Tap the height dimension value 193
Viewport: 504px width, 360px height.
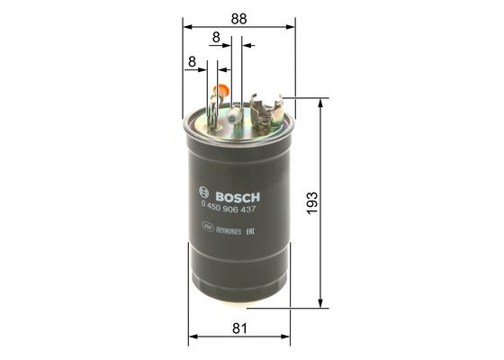tap(335, 203)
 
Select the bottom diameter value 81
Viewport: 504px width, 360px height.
tap(239, 329)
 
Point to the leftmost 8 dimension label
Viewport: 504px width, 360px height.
tap(192, 61)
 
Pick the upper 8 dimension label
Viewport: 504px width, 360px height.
tap(216, 37)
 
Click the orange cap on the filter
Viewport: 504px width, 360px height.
tap(219, 91)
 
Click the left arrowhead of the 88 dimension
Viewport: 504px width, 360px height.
tap(185, 26)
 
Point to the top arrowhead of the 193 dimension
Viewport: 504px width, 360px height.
tap(320, 101)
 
